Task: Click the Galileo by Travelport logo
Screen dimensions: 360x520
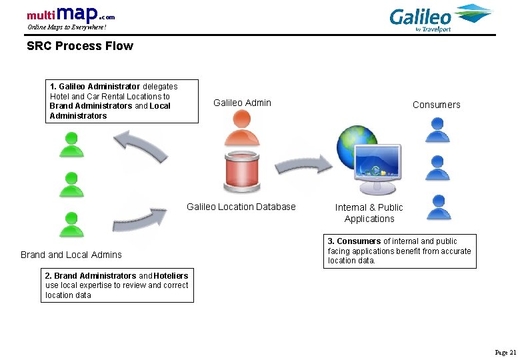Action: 440,18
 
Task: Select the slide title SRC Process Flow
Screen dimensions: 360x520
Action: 79,46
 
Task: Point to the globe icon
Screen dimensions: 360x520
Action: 353,145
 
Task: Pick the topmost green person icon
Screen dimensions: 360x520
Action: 70,143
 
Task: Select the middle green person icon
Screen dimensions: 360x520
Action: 70,184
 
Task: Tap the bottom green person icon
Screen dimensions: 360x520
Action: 70,225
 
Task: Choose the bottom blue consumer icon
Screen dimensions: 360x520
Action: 437,207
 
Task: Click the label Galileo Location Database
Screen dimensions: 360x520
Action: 241,207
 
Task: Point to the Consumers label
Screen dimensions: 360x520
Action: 436,105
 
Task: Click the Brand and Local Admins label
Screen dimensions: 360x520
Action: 71,255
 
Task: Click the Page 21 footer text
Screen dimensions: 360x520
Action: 505,352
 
